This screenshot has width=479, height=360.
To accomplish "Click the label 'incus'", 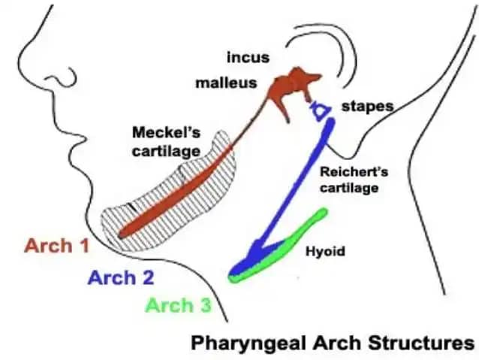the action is (x=248, y=58).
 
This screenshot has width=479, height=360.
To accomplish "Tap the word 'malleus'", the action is (x=226, y=83).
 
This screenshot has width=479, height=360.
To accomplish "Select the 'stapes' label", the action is (x=367, y=107).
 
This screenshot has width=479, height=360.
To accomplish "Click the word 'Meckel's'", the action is (x=166, y=132).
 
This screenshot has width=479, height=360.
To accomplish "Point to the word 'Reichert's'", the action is (x=354, y=171).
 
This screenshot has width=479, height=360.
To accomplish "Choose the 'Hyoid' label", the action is (x=325, y=252).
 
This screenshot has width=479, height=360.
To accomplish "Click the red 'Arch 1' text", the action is (x=57, y=246).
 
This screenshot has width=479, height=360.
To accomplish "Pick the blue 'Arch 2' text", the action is (x=121, y=278).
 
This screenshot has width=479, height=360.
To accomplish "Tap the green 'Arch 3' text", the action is (x=179, y=305).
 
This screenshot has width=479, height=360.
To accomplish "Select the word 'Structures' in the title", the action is (x=421, y=343).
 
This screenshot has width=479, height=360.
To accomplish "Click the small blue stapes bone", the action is (x=320, y=110).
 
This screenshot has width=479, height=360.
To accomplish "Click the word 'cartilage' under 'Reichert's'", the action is (x=349, y=187).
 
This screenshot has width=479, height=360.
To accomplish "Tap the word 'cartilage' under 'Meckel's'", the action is (x=167, y=151).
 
